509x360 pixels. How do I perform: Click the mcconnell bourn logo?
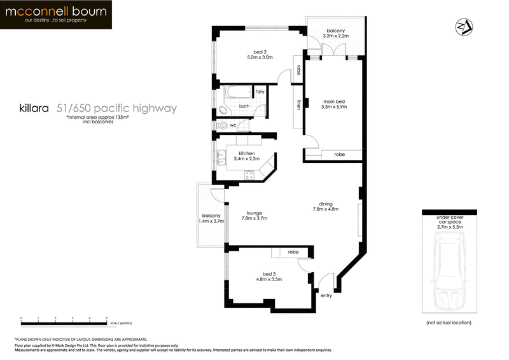[x=57, y=15]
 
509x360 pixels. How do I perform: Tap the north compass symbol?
[x=463, y=27]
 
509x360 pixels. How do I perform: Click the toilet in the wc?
[x=221, y=126]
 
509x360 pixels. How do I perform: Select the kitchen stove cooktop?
[x=250, y=173]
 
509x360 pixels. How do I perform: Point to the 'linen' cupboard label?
[x=298, y=105]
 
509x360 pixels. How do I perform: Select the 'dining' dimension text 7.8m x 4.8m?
[x=325, y=209]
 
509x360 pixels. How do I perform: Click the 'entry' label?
[x=326, y=295]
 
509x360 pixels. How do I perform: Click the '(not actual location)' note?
[x=449, y=323]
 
